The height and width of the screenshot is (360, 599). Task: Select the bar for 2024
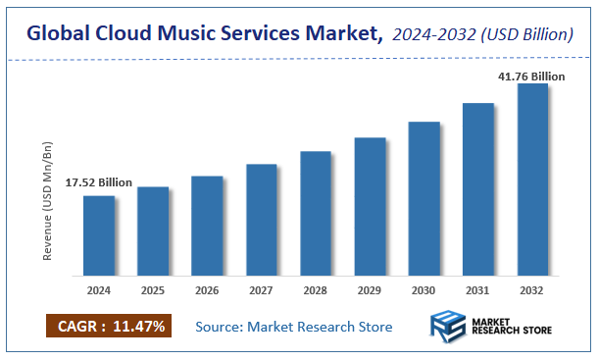coord(99,235)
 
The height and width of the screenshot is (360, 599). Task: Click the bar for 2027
coord(262,220)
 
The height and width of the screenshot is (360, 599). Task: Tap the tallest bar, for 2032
coord(532,180)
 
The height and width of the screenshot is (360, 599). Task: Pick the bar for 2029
coord(370,206)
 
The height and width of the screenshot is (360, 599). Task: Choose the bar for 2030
coord(424,198)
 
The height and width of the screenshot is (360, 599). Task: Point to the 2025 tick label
coord(153,291)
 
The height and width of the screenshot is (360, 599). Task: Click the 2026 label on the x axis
coord(207,291)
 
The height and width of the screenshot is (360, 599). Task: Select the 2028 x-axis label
coord(316,291)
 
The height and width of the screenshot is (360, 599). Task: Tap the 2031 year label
coord(478,291)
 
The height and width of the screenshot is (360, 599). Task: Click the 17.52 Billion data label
coord(99,183)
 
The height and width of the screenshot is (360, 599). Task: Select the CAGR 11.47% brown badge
coord(110,325)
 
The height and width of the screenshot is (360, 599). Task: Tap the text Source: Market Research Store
coord(294,326)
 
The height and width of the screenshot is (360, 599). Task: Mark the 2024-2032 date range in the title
coord(435,35)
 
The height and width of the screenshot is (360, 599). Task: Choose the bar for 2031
coord(478,188)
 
